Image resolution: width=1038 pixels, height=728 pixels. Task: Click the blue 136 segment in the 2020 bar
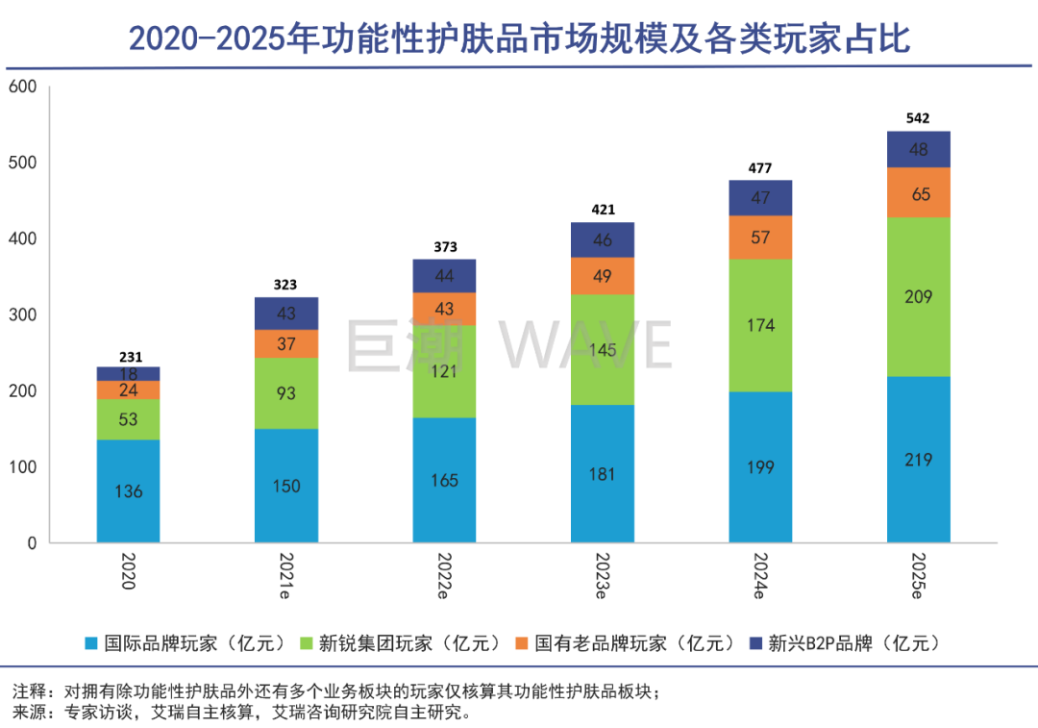(x=128, y=491)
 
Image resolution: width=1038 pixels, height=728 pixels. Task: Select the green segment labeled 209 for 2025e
(x=918, y=296)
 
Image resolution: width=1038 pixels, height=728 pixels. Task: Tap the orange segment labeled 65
(x=918, y=193)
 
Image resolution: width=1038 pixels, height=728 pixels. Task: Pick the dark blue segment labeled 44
(x=444, y=276)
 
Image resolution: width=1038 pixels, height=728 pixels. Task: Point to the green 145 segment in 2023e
(x=603, y=349)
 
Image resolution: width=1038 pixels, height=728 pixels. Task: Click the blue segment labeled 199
(x=760, y=467)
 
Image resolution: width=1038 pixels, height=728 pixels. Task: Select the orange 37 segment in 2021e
(x=285, y=343)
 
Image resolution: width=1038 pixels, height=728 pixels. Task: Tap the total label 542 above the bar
(x=918, y=118)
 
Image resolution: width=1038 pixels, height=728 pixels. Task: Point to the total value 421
(x=603, y=210)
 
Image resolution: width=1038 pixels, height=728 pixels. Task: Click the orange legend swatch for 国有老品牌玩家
(x=521, y=642)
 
